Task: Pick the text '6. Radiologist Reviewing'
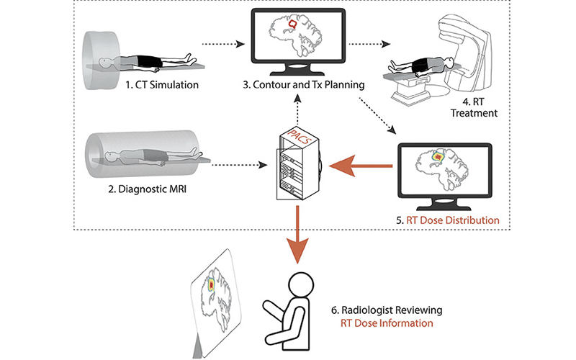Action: click(x=387, y=310)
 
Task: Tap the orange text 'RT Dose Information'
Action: click(x=387, y=323)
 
